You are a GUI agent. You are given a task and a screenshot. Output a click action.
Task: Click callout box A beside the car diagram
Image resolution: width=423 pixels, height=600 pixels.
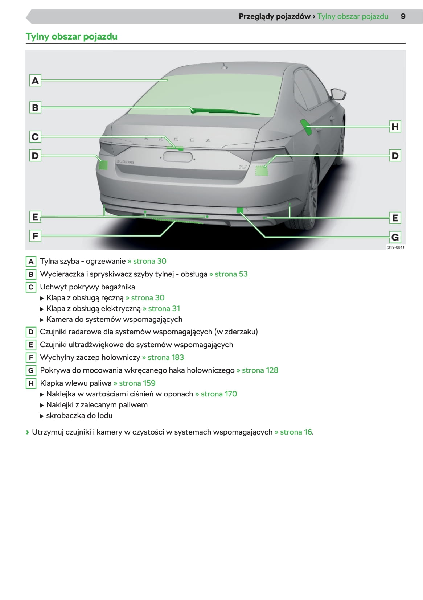pyautogui.click(x=35, y=81)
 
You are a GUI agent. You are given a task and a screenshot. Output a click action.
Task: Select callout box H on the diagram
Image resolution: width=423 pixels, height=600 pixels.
pyautogui.click(x=395, y=127)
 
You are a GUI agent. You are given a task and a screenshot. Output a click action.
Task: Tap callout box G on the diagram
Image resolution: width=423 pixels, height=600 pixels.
pyautogui.click(x=395, y=237)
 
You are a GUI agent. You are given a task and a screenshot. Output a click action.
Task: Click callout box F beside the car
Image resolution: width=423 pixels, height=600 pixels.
pyautogui.click(x=35, y=236)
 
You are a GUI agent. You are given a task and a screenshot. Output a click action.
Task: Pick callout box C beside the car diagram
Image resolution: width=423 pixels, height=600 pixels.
pyautogui.click(x=35, y=137)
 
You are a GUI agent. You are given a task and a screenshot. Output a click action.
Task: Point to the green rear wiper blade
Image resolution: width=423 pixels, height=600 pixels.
pyautogui.click(x=225, y=111)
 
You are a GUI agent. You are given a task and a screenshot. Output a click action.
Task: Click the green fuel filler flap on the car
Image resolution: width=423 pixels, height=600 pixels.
pyautogui.click(x=306, y=127)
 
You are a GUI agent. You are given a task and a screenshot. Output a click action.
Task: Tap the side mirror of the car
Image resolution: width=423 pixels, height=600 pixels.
pyautogui.click(x=338, y=94)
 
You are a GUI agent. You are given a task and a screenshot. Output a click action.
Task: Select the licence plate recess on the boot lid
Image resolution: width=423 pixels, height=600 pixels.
pyautogui.click(x=178, y=157)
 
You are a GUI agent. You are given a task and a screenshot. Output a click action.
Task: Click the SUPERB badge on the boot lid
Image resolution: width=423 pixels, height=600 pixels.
pyautogui.click(x=125, y=162)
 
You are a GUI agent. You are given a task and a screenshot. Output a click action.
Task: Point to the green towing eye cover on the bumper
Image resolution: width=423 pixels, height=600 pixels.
pyautogui.click(x=240, y=210)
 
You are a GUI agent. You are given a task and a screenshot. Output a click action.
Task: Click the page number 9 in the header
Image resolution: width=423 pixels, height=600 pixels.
pyautogui.click(x=403, y=16)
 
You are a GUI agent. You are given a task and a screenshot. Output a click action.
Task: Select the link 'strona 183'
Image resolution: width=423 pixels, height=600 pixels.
pyautogui.click(x=163, y=357)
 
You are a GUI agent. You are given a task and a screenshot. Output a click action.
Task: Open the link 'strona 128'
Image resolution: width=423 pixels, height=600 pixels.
pyautogui.click(x=258, y=370)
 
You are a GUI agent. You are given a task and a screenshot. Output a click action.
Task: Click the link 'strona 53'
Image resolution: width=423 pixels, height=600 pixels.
pyautogui.click(x=229, y=274)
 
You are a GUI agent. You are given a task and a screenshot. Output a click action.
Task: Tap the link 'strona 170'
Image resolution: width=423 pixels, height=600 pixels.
pyautogui.click(x=216, y=394)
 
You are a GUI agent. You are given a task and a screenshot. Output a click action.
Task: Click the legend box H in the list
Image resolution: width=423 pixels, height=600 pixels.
pyautogui.click(x=31, y=383)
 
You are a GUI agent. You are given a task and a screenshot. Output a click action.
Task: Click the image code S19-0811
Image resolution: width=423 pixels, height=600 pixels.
pyautogui.click(x=396, y=247)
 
